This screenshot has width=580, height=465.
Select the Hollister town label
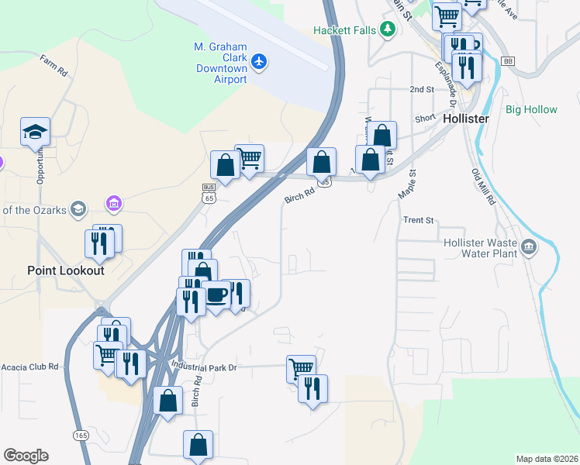tap(466, 119)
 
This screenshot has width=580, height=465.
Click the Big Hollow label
tap(531, 109)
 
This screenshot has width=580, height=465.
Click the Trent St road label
tap(418, 220)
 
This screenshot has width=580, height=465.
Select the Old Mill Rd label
tap(483, 188)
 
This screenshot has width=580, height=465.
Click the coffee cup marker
tap(216, 295)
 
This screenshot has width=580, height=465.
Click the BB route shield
tap(508, 60)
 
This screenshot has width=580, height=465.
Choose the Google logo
tap(26, 456)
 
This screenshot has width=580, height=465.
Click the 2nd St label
tap(422, 90)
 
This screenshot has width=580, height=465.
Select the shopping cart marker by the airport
tap(249, 159)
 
